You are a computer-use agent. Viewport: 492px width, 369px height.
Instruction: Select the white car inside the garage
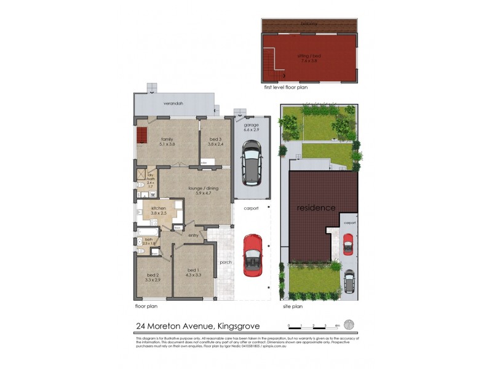pyautogui.click(x=252, y=162)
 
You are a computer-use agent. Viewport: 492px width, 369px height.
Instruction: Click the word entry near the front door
pyautogui.click(x=193, y=235)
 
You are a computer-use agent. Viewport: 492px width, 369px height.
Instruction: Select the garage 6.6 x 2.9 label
pyautogui.click(x=252, y=126)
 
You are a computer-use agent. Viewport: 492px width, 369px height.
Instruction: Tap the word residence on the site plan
pyautogui.click(x=316, y=208)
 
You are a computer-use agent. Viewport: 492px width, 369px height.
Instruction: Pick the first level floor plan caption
pyautogui.click(x=285, y=88)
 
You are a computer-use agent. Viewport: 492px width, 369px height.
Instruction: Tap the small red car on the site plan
pyautogui.click(x=348, y=244)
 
